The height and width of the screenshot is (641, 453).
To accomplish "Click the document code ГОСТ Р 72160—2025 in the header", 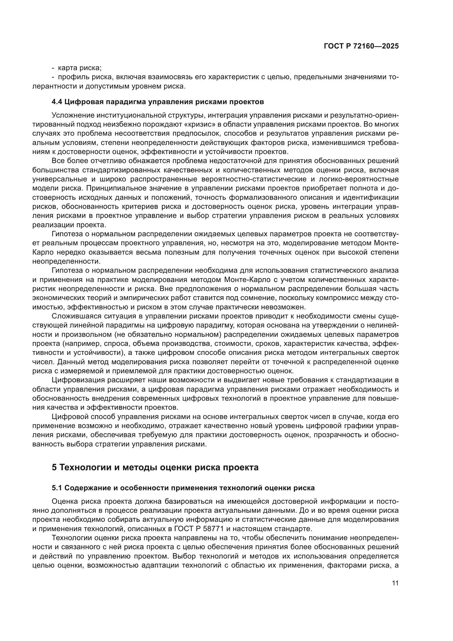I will point(361,46).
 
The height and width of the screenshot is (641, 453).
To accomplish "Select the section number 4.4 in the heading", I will point(57,102).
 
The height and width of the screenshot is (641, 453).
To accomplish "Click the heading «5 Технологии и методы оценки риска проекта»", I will point(155,467).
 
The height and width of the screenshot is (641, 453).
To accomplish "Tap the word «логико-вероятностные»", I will point(362,179).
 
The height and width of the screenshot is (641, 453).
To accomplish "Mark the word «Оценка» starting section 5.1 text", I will point(65,502).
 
